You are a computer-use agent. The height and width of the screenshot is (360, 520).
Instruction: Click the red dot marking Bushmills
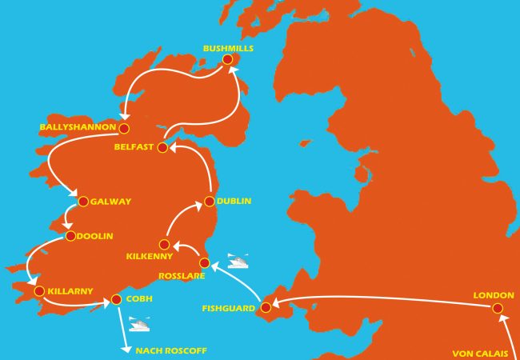click(228, 59)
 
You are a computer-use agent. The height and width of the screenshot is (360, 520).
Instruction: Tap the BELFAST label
click(134, 147)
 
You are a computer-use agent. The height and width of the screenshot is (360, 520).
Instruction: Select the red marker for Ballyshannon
click(124, 127)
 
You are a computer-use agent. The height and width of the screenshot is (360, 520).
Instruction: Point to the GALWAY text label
click(112, 202)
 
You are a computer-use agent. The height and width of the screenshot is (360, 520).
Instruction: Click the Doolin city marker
click(70, 236)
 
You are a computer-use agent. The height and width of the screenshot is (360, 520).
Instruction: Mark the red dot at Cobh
click(116, 299)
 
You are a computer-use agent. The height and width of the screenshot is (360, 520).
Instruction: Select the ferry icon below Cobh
click(141, 325)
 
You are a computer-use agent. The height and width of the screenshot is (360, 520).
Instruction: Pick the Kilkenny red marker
click(164, 244)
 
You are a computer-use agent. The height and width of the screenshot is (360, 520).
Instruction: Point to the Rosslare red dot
click(204, 262)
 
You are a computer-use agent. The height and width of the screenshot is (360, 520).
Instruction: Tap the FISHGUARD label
click(230, 307)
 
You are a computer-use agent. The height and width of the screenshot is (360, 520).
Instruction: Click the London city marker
click(498, 308)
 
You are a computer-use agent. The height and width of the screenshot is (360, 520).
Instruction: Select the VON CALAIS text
click(480, 353)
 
